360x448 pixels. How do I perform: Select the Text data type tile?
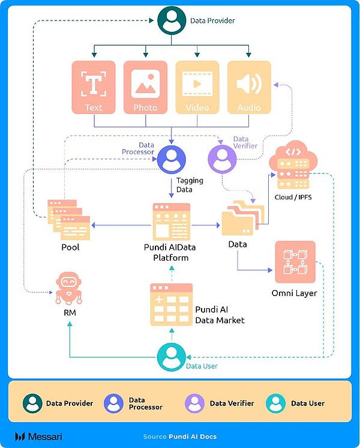click(x=94, y=87)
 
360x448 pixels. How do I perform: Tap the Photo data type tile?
click(x=145, y=87)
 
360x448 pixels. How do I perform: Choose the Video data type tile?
click(x=197, y=87)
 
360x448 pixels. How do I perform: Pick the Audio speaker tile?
click(x=248, y=87)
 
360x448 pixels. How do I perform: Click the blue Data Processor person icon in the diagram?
click(x=172, y=160)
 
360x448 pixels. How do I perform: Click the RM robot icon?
click(x=69, y=289)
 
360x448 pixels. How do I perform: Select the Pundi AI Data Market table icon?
click(x=171, y=304)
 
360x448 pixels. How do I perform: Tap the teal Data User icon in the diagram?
click(x=172, y=358)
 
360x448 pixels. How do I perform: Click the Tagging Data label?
click(x=189, y=184)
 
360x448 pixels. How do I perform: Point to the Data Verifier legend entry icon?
click(x=194, y=404)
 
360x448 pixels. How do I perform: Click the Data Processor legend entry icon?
click(x=113, y=404)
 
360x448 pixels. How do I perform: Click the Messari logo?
click(x=38, y=436)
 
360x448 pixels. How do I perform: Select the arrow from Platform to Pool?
click(x=120, y=225)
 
